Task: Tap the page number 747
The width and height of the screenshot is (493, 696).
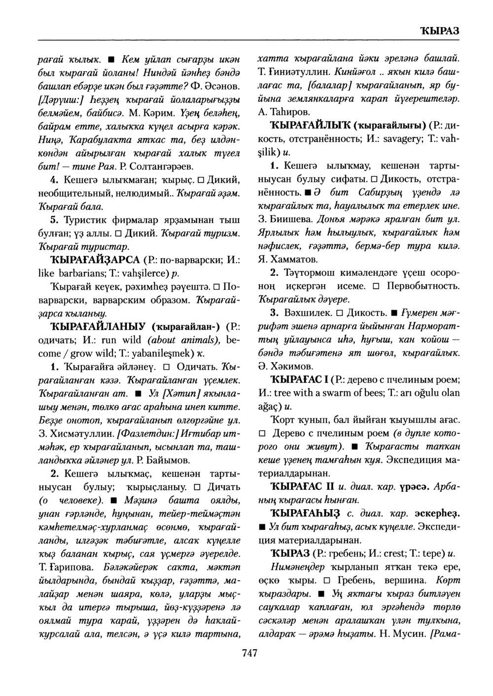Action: (x=250, y=654)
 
